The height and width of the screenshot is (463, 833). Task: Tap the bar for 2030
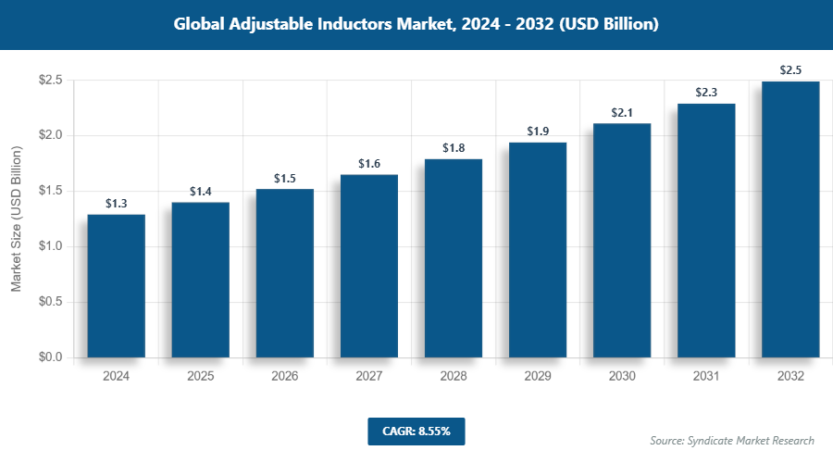[622, 240]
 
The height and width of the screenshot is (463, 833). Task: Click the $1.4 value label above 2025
[201, 192]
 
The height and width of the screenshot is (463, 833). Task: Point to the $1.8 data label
[454, 148]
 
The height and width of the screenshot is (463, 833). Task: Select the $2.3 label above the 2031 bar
[706, 93]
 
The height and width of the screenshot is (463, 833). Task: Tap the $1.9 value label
[538, 131]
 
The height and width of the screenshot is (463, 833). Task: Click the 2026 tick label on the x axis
[285, 377]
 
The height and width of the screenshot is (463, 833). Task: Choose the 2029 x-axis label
[538, 377]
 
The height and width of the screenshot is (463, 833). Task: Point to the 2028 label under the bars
[454, 377]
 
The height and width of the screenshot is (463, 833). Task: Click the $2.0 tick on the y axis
[50, 135]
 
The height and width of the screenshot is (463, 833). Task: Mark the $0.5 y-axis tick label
[50, 302]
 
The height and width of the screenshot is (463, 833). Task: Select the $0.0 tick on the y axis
[50, 357]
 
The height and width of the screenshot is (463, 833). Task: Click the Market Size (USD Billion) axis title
[16, 219]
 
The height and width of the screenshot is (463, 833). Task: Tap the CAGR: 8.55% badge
[416, 432]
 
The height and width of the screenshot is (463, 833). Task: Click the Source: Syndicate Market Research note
[732, 441]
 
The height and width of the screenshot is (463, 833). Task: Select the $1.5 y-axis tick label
[50, 191]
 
